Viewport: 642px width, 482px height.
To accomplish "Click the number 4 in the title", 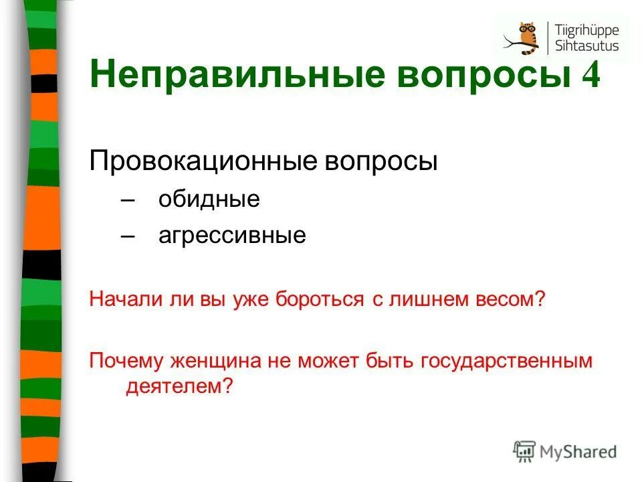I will pos(591,74).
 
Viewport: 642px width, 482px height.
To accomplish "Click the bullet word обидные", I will pos(209,199).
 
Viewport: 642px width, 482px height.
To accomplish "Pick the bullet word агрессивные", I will pos(232,236).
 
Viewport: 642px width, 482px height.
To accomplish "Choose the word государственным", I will pos(507,362).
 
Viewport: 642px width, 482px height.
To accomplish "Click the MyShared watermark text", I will pos(579,451).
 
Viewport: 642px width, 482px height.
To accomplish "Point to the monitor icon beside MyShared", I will pos(525,451).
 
